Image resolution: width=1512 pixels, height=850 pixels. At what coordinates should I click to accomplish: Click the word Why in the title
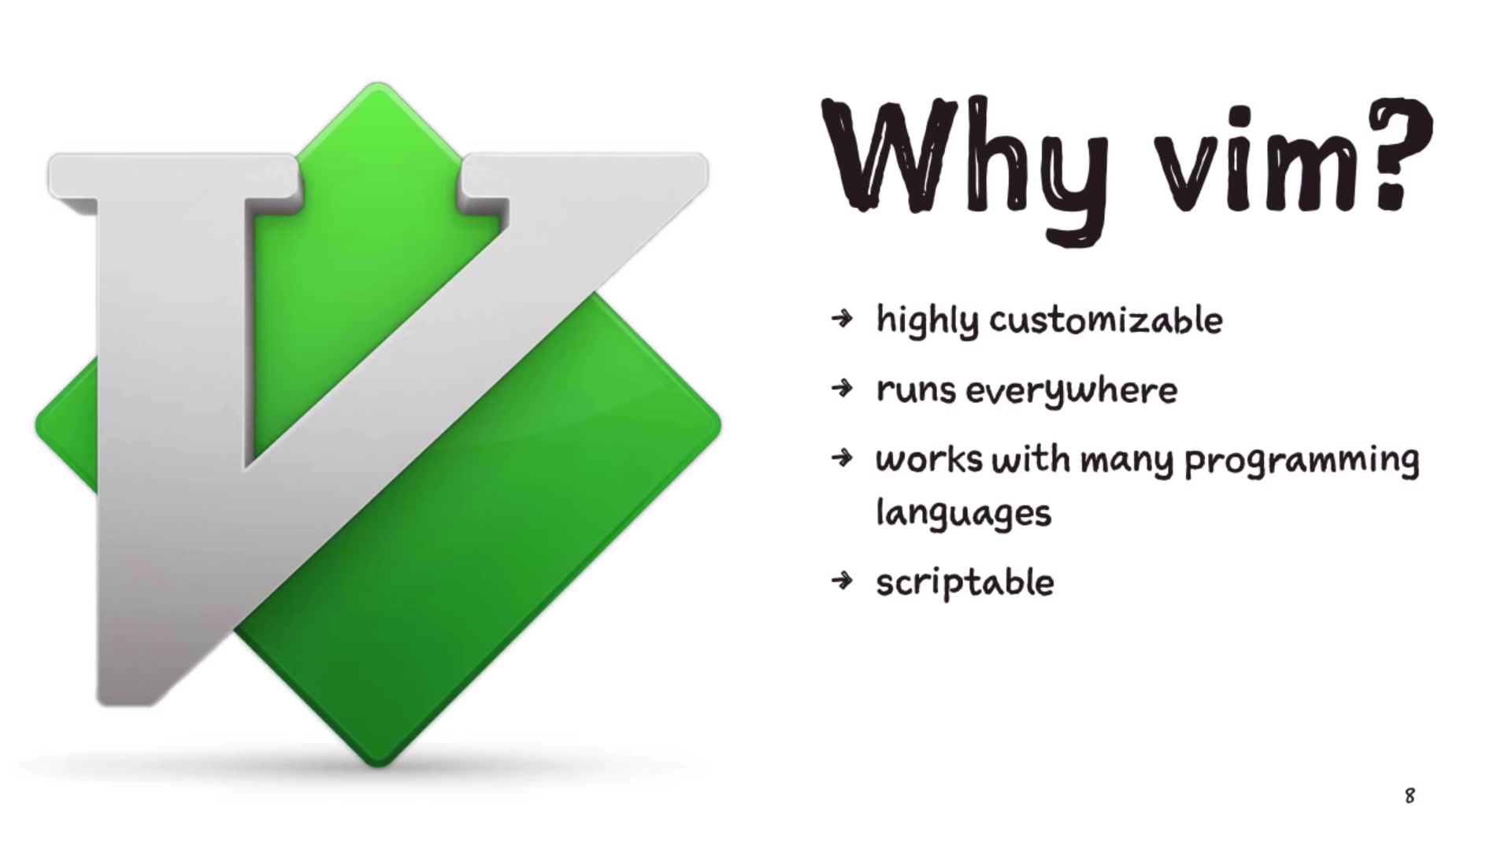[965, 161]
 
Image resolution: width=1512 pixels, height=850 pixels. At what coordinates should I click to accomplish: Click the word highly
[928, 321]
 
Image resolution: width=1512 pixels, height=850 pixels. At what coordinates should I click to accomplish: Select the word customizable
[1106, 320]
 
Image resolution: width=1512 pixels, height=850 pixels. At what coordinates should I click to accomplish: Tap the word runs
[916, 390]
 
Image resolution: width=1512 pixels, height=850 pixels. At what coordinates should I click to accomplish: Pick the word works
[928, 459]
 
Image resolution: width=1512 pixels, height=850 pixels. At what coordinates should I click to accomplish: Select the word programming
[1302, 461]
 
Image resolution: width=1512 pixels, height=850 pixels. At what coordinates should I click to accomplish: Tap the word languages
[963, 514]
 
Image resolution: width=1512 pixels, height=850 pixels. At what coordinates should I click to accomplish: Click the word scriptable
[965, 583]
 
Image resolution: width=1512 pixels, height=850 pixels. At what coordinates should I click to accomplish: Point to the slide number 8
[1410, 796]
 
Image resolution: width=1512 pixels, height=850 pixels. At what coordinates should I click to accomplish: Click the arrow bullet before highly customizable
[842, 319]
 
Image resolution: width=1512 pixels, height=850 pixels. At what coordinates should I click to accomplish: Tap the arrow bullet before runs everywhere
[842, 388]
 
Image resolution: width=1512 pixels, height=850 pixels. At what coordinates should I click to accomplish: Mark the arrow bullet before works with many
[842, 457]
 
